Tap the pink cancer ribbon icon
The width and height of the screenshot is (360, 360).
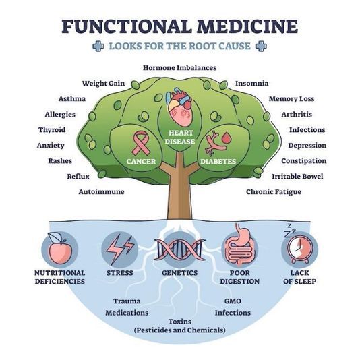[x=141, y=142]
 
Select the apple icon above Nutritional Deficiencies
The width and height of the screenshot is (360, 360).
[x=59, y=249]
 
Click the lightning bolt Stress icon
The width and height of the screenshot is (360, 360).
[x=119, y=249]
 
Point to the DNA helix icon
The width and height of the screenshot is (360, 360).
[x=179, y=249]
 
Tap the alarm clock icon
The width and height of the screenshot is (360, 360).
[x=299, y=247]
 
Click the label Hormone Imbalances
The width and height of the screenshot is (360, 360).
[x=179, y=67]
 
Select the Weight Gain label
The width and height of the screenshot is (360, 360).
[x=104, y=83]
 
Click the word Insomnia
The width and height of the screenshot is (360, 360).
[x=251, y=83]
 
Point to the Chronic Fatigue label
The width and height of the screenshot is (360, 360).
[x=273, y=192]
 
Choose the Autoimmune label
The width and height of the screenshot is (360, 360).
[x=101, y=192]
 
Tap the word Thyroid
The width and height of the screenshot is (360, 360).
[x=52, y=129]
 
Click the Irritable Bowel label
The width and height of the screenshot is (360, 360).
[x=297, y=176]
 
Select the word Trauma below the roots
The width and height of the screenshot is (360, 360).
[x=127, y=301]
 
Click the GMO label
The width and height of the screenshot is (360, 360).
[x=233, y=301]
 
